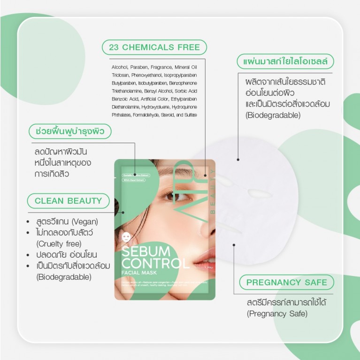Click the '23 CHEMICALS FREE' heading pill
(154, 47)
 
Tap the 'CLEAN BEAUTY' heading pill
(68, 200)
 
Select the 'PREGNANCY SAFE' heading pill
(286, 282)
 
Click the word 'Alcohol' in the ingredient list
(119, 67)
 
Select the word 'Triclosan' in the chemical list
(120, 75)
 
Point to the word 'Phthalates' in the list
(121, 115)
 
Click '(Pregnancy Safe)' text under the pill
(277, 313)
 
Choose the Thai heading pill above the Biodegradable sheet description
(285, 61)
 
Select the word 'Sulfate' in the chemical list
(191, 115)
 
